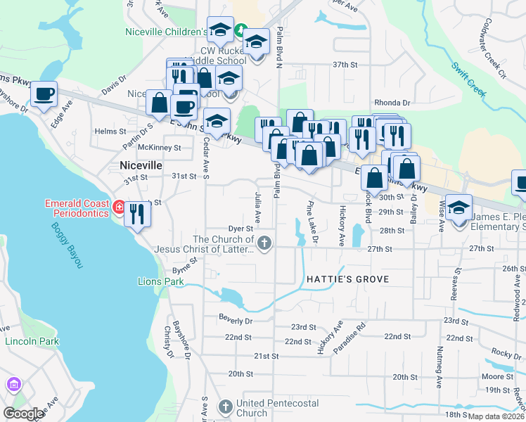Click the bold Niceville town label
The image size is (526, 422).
141,165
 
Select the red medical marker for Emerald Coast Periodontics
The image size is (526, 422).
119,207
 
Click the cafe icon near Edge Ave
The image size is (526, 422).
44,94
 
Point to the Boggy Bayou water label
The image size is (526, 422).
68,245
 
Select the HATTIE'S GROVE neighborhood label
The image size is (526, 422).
347,279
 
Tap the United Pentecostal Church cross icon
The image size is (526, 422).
225,407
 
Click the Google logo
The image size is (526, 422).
23,413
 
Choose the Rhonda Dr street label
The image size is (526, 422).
392,102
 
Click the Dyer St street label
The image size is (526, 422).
240,229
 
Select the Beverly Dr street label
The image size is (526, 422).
236,320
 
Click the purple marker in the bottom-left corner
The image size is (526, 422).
13,385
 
